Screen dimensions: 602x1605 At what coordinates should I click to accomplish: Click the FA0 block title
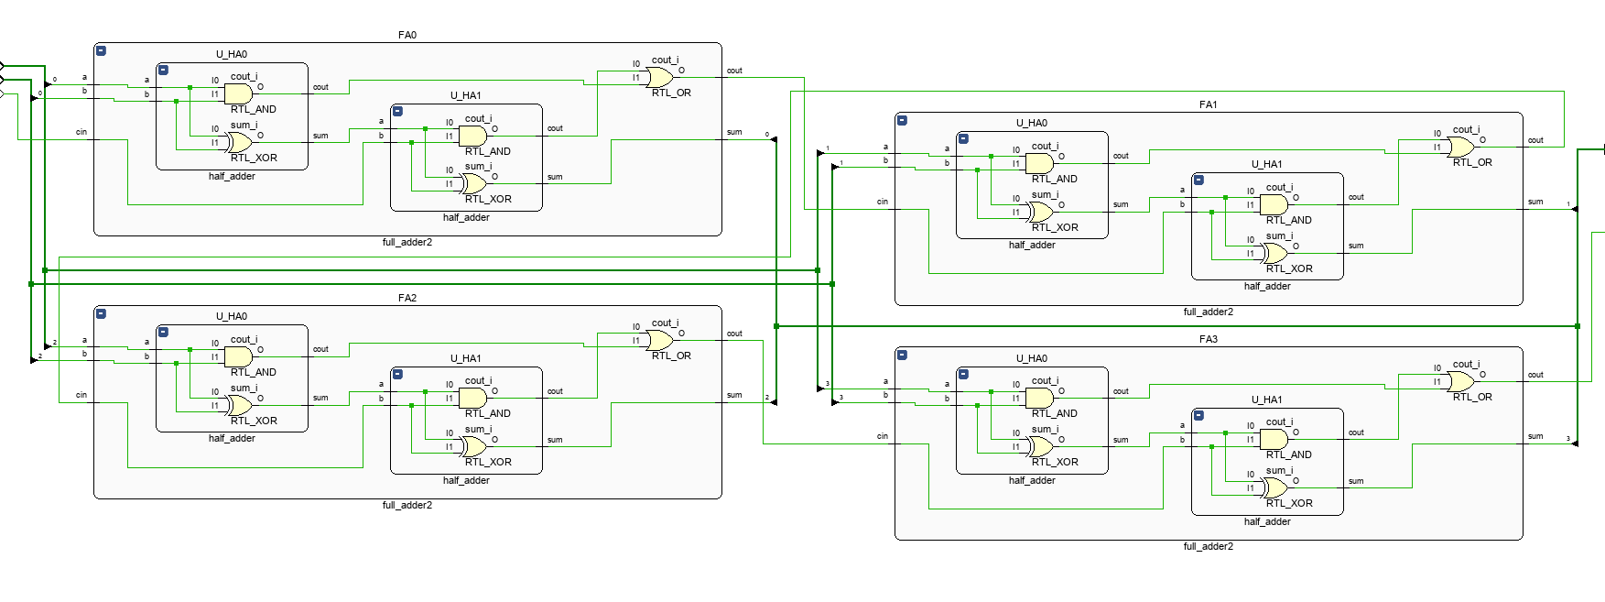click(407, 35)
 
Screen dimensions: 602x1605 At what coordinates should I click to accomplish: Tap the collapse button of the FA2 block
click(101, 313)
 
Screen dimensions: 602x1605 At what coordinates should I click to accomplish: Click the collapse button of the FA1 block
click(902, 120)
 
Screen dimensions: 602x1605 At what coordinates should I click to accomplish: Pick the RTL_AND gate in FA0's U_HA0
click(238, 93)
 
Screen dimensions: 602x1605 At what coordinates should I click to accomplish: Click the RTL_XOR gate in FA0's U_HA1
click(473, 183)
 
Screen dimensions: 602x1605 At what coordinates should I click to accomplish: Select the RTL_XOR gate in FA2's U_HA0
click(239, 404)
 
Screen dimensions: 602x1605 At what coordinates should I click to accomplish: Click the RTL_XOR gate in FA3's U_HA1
click(1274, 487)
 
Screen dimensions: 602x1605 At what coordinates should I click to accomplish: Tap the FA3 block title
click(1208, 339)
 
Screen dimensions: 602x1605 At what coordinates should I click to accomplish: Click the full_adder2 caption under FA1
click(1208, 312)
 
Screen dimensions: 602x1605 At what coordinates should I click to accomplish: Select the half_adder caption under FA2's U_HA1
click(466, 480)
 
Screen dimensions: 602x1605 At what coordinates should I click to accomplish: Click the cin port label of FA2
click(81, 395)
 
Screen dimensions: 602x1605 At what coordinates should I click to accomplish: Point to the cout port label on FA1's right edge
click(1535, 140)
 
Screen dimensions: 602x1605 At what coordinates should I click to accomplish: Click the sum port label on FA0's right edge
click(734, 132)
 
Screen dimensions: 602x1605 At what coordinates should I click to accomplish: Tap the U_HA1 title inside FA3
click(1266, 400)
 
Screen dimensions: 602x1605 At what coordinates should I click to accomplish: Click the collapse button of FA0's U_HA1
click(397, 111)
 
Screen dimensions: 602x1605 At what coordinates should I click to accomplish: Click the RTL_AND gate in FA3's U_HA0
click(1039, 398)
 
